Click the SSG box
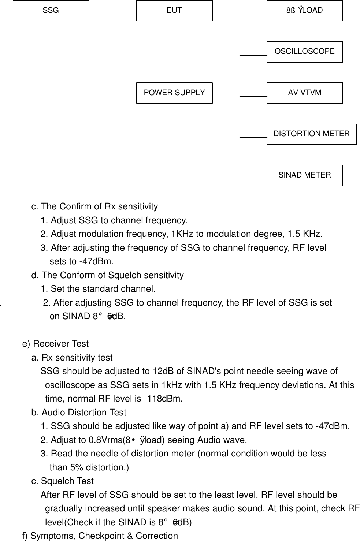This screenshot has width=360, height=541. coord(51,11)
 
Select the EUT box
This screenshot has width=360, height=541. coord(174,11)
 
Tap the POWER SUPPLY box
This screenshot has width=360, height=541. coord(174,93)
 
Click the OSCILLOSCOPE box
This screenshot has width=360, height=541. coord(305,52)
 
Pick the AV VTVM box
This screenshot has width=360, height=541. coord(305,93)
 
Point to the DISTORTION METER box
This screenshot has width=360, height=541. coord(311,134)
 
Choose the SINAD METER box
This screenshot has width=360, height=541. coord(305,175)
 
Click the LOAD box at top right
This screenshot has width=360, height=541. coord(305,11)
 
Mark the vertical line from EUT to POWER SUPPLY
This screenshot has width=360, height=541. coord(171,51)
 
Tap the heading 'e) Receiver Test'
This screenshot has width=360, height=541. coord(55,344)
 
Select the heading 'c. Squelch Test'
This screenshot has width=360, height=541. coord(63,481)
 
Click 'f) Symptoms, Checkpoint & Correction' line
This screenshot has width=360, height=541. coord(100,536)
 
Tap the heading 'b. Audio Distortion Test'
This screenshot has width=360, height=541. coord(79,413)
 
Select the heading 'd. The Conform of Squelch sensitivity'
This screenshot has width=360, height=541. coord(108,275)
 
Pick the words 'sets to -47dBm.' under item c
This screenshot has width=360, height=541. coord(81,261)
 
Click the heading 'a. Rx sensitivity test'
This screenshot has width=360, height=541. coord(72,358)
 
